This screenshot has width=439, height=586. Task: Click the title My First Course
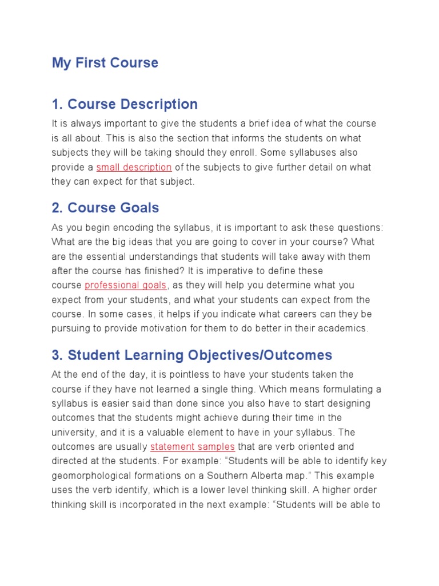[x=105, y=63]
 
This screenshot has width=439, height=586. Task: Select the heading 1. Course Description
[x=125, y=104]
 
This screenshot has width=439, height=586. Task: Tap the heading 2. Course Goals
[x=105, y=208]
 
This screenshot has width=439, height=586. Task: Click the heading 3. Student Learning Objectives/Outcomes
[x=191, y=355]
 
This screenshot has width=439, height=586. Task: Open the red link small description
[x=134, y=167]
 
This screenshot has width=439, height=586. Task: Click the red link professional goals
[x=126, y=285]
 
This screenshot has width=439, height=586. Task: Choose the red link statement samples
[x=193, y=447]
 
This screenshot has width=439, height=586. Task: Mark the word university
[x=71, y=432]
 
